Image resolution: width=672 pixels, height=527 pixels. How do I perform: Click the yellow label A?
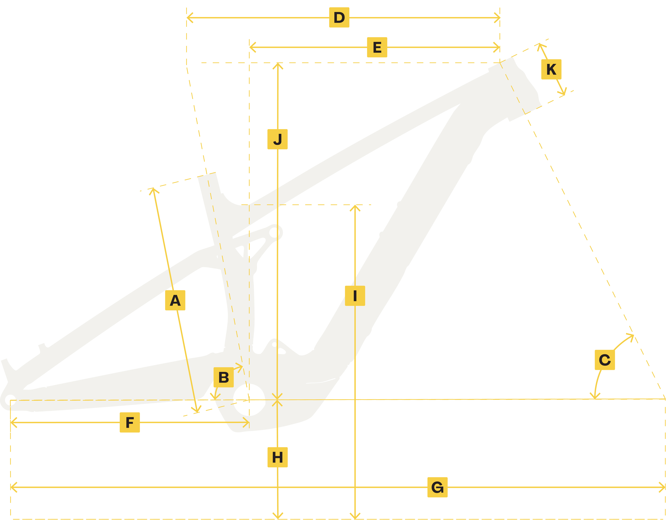point(175,300)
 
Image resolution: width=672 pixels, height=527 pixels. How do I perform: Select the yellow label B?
point(224,377)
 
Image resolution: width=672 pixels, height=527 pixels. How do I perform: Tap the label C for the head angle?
point(605,360)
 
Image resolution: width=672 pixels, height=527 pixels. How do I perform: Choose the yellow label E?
point(377,47)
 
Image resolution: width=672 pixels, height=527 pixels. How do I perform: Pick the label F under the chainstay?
point(130,422)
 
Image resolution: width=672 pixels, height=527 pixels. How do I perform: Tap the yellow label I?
point(355,296)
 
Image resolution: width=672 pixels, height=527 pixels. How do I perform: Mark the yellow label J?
point(277,139)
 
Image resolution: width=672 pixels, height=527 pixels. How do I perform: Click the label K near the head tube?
point(551,69)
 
